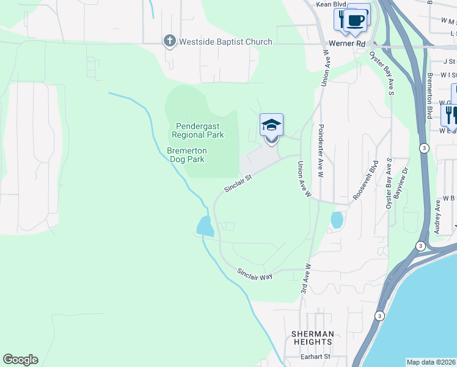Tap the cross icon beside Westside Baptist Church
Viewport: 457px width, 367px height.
[169, 42]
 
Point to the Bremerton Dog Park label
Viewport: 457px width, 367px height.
[186, 155]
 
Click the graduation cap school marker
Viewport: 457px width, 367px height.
[271, 126]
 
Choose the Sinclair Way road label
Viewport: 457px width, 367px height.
[254, 275]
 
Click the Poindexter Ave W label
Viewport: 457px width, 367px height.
[320, 152]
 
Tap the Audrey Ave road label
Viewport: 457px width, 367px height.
[437, 214]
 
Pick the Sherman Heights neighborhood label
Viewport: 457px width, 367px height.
[312, 338]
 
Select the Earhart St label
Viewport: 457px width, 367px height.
[310, 357]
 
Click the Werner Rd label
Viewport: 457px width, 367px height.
[346, 44]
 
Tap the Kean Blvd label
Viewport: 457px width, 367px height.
[331, 4]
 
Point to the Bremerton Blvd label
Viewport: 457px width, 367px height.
[430, 93]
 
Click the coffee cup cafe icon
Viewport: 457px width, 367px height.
[355, 20]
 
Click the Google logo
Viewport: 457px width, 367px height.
[20, 360]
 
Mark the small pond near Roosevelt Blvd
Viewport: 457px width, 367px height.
[336, 219]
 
